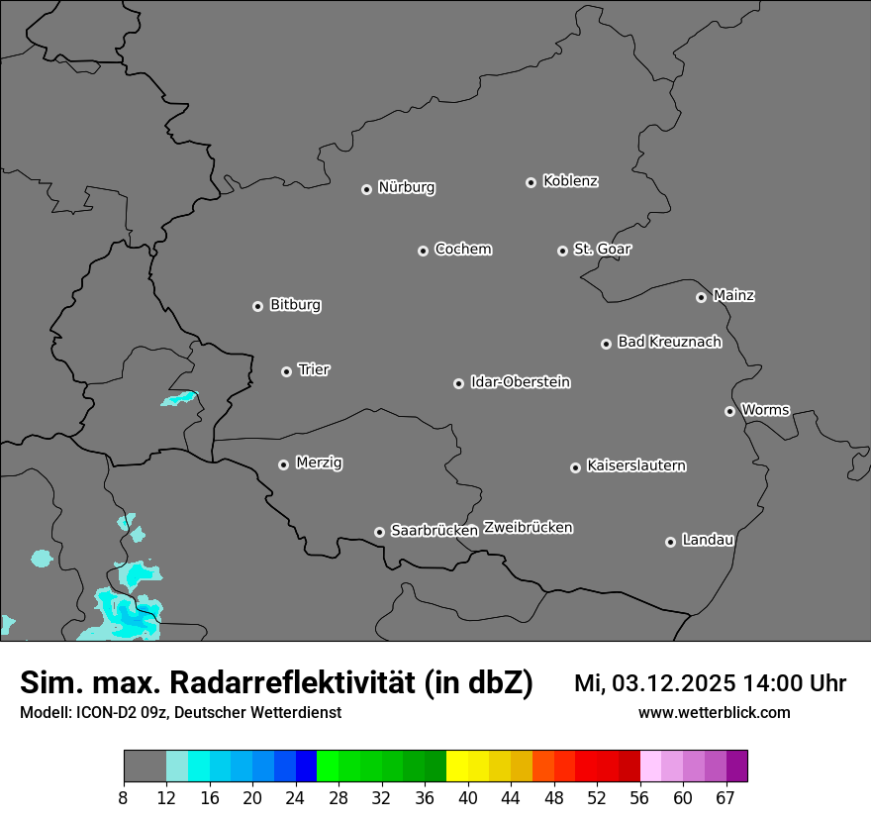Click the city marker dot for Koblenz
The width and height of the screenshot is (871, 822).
point(531,182)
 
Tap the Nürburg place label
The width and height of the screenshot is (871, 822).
point(406,187)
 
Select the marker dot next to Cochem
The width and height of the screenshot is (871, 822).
point(423,251)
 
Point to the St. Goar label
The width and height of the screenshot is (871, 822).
point(602,250)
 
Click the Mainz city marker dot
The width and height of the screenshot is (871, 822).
point(701,297)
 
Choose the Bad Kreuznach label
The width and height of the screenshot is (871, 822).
point(669,342)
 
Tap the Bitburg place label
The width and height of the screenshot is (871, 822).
point(295,305)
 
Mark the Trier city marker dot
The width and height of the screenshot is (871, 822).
point(286,371)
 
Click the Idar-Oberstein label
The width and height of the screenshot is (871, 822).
point(520,382)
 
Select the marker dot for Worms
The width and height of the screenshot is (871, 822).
point(729,411)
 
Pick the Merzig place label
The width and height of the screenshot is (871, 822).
point(319,462)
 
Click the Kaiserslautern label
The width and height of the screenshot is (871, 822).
point(635,465)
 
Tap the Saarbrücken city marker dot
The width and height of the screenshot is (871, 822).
point(379,532)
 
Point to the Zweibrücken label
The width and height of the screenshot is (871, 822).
point(528,528)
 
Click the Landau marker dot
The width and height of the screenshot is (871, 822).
point(670,542)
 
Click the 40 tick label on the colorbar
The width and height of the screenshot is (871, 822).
point(468,798)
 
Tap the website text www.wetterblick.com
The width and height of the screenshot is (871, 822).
point(714,713)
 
